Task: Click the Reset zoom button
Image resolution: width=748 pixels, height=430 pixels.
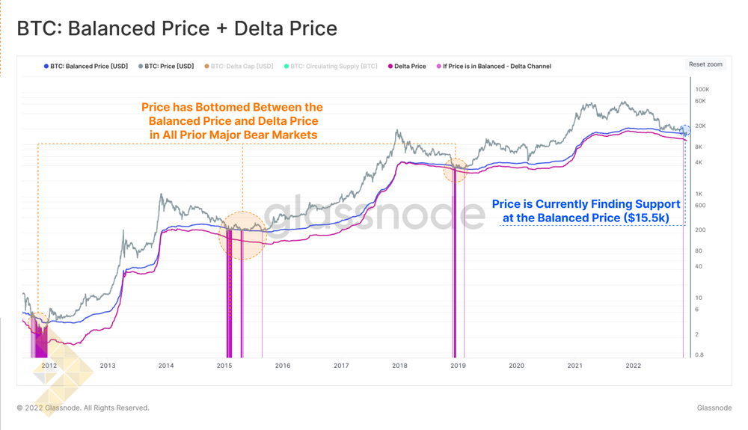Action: (705, 64)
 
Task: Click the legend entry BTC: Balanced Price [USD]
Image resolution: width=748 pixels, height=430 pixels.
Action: (85, 67)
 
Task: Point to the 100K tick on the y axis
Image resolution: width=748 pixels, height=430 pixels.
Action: (702, 90)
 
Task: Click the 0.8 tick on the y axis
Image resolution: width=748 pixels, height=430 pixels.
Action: (699, 355)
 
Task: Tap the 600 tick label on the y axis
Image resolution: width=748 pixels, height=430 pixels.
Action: (700, 206)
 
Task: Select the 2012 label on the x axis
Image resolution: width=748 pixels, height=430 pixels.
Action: (49, 366)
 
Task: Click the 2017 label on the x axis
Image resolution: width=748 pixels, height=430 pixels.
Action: (341, 366)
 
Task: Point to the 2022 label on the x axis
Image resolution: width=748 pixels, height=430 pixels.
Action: (633, 366)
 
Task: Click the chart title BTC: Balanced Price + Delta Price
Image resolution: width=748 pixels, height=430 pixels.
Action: (177, 28)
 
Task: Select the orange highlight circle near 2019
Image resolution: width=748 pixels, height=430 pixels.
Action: (455, 170)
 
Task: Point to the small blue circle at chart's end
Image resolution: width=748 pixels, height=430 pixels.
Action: (684, 132)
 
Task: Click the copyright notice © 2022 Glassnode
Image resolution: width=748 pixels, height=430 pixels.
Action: (82, 408)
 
